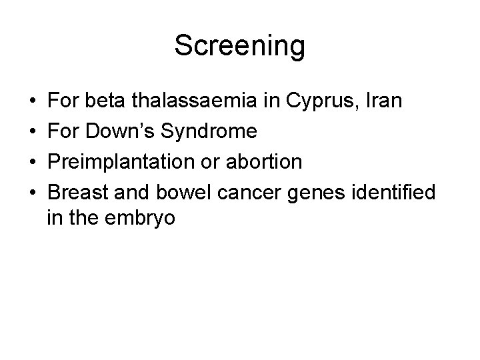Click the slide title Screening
239,46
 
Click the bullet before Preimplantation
34,162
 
